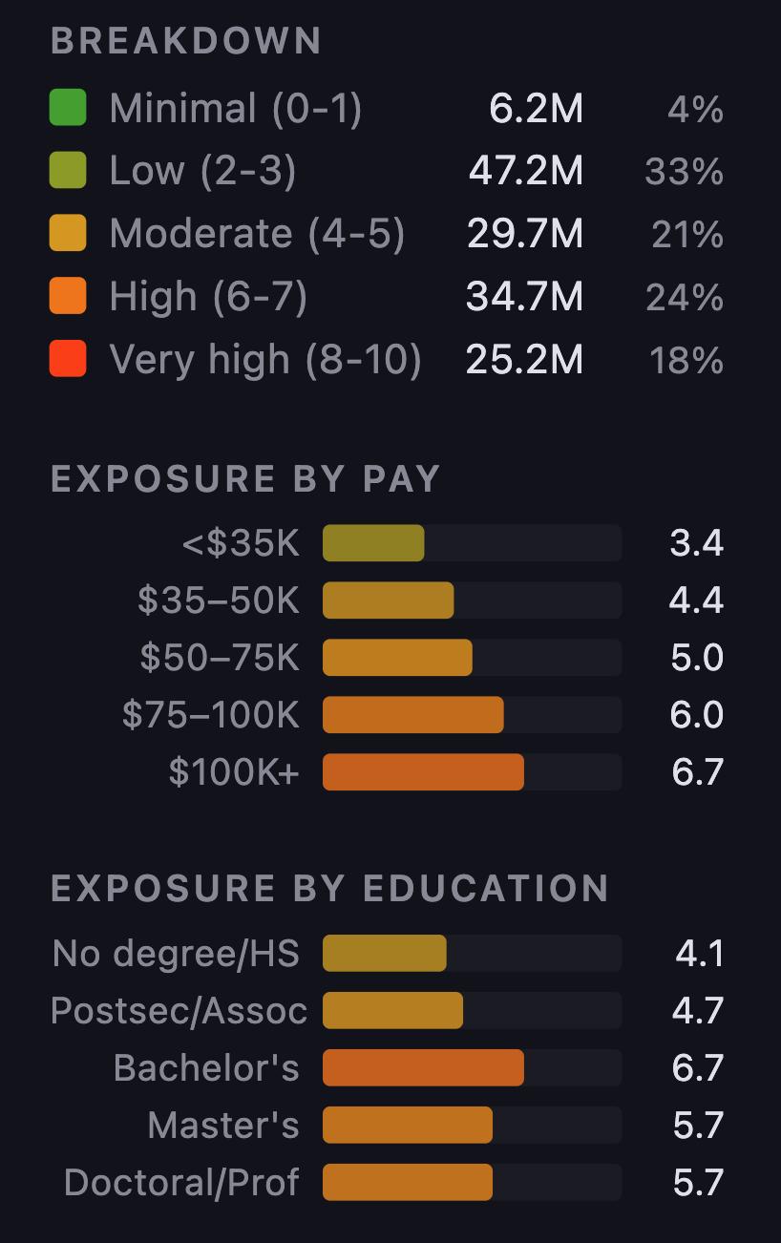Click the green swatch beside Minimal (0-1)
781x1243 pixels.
coord(68,107)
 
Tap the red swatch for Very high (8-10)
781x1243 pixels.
coord(68,359)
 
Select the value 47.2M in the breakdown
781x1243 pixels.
coord(525,171)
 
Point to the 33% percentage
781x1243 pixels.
coord(684,172)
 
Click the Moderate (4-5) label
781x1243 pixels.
coord(257,234)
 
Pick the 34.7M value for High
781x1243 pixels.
coord(525,297)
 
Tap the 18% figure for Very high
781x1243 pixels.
coord(686,361)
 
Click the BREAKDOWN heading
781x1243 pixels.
coord(186,41)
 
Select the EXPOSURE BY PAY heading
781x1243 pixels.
coord(245,478)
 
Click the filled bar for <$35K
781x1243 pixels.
coord(373,543)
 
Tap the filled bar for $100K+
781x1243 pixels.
coord(423,772)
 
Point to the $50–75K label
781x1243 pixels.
coord(220,658)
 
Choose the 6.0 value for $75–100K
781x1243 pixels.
coord(697,715)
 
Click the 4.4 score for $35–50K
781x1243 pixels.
coord(697,600)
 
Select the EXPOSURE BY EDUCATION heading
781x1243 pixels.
coord(329,889)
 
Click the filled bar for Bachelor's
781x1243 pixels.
coord(423,1068)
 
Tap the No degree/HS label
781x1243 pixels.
coord(176,954)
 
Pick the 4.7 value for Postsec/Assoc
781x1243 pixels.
coord(697,1011)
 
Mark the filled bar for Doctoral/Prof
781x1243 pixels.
coord(408,1183)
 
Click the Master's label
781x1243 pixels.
coord(223,1126)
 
